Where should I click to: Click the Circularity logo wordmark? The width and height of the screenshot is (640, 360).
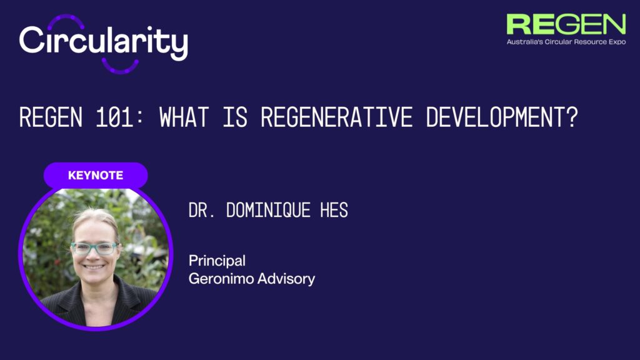pos(104,42)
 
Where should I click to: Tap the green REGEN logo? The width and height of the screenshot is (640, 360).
pos(566,24)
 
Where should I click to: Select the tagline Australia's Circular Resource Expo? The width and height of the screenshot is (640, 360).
pos(566,42)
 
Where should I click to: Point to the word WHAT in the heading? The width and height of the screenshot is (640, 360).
pos(184,117)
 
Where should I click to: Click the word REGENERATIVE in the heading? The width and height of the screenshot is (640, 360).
pos(337,117)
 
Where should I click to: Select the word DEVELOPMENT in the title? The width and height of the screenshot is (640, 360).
pos(495,117)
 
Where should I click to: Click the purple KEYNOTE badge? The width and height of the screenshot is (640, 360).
pos(96,175)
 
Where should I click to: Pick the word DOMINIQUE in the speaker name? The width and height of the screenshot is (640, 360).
pos(268,210)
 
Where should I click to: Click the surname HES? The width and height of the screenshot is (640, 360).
pos(334,210)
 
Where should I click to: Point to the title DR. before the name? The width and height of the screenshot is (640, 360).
pos(202,210)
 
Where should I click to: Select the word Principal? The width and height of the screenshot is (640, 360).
pos(217,261)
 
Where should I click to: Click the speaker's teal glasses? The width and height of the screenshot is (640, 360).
pos(94,247)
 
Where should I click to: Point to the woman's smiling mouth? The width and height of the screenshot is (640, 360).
pos(94,267)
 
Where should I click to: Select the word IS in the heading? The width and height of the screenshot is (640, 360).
pos(235,117)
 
